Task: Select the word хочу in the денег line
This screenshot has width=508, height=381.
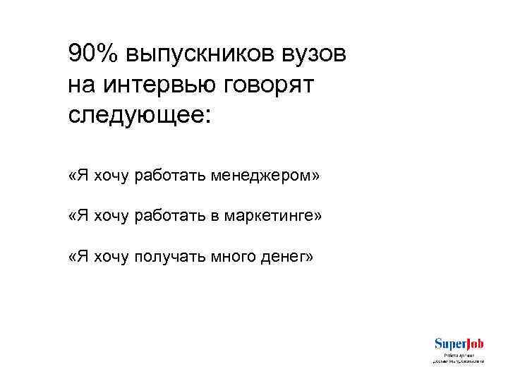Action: pos(110,257)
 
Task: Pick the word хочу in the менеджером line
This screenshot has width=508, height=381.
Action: pos(110,175)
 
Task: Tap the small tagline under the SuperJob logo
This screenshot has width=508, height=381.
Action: pos(459,358)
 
